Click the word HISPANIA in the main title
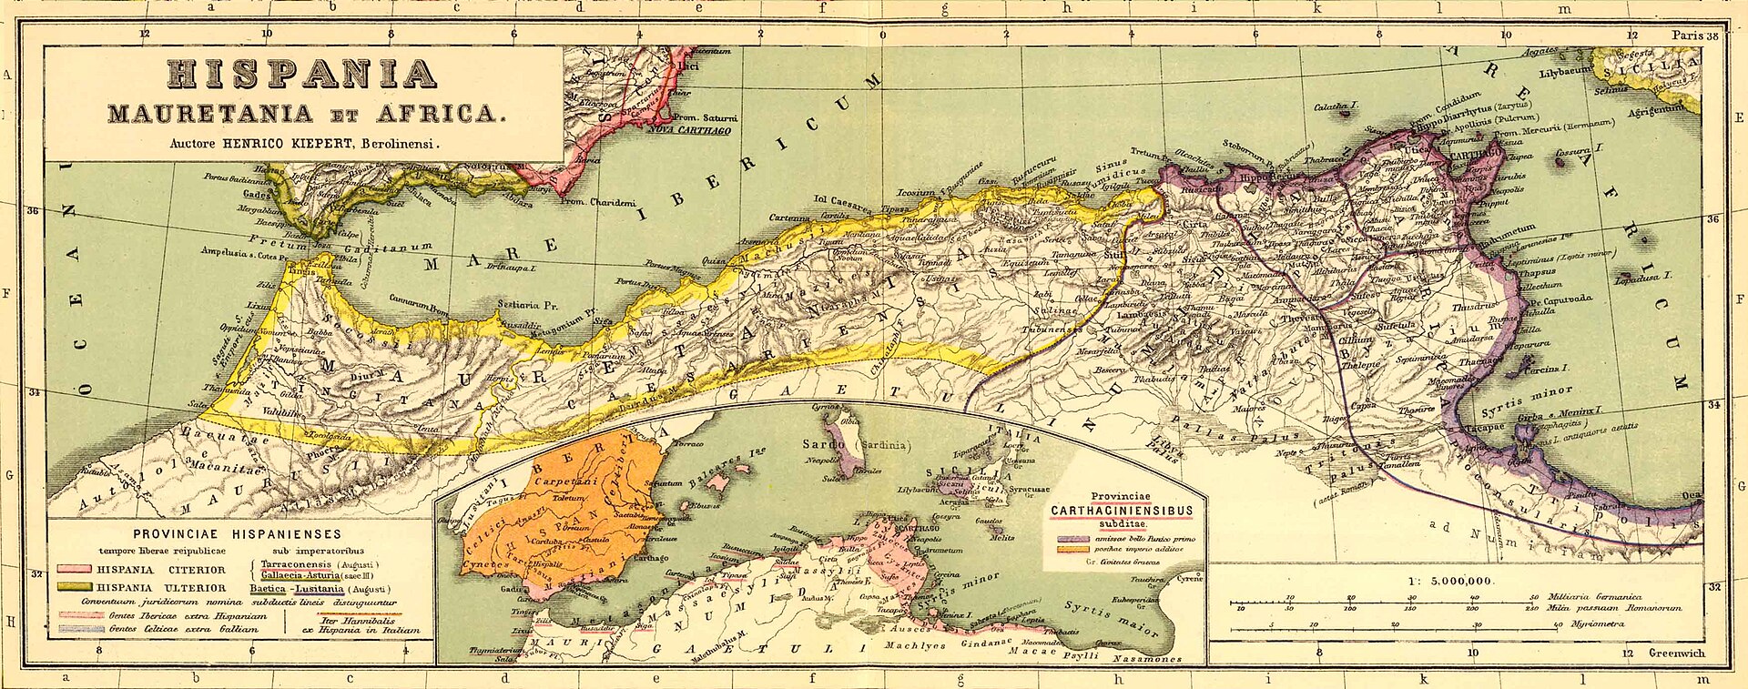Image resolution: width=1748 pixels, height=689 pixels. (x=301, y=75)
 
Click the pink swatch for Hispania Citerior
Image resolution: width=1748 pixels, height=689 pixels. (x=74, y=570)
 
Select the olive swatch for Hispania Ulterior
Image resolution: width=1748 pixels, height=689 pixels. (x=74, y=587)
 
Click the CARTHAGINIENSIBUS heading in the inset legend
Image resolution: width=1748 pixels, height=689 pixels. (x=1122, y=511)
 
